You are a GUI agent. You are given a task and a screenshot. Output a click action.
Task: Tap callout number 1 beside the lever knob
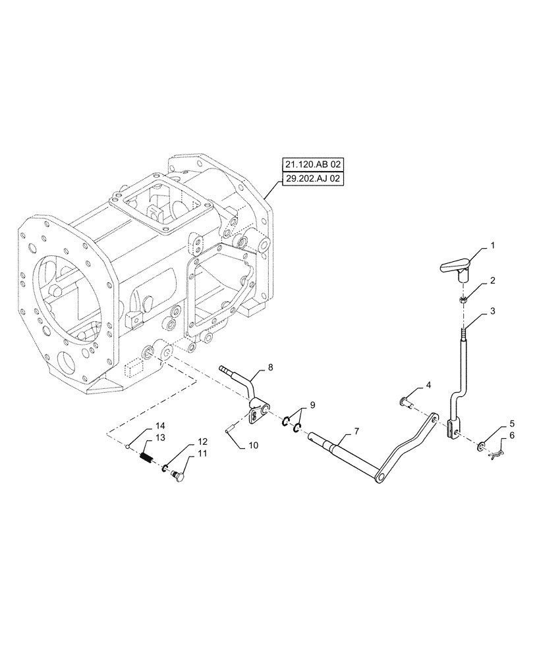[491, 245]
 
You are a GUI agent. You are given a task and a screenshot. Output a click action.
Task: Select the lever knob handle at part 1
[463, 266]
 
